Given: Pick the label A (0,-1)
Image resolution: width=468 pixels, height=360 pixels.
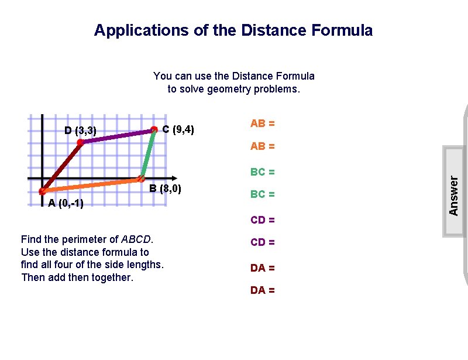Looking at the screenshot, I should tap(66, 203).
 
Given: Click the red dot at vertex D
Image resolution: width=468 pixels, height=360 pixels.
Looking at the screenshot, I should tap(80, 142).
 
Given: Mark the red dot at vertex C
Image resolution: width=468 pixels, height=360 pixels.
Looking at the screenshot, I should tap(154, 129).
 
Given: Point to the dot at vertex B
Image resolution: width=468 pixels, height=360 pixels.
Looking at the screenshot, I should tap(141, 179).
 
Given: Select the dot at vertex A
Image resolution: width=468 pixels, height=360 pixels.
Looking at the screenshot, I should tap(42, 191).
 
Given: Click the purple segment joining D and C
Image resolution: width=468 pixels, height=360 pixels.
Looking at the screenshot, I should tap(117, 136).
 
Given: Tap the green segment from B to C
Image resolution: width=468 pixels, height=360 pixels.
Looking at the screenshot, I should tap(147, 154).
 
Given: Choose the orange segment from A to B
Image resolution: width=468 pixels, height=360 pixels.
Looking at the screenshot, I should tap(91, 185).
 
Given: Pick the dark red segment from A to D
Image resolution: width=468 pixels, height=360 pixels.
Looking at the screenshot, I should tap(61, 167).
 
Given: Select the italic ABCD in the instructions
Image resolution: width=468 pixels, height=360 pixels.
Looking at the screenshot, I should tap(136, 239).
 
